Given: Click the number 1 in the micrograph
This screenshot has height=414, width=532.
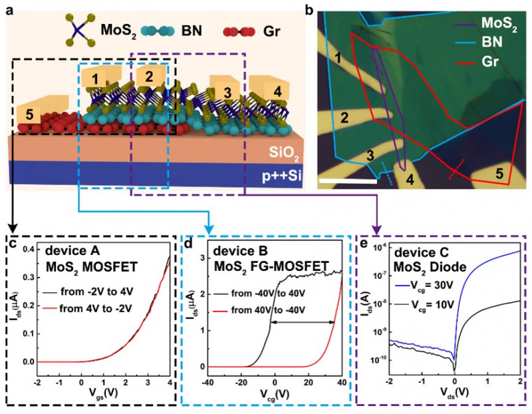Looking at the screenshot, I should pyautogui.click(x=338, y=61).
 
